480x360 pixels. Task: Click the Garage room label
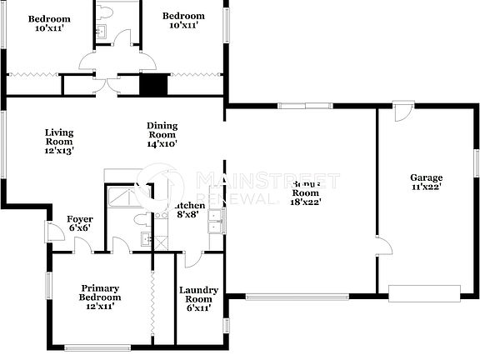point(426,177)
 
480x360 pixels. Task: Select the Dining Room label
point(162,130)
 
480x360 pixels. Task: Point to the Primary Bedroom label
point(100,292)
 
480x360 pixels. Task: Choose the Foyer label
point(79,219)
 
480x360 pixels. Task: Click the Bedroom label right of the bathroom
point(183,16)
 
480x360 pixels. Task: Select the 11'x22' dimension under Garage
point(426,187)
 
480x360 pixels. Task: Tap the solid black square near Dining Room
point(152,85)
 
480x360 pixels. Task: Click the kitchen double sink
point(216,222)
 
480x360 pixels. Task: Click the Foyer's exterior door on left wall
point(48,232)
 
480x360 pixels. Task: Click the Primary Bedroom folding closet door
point(152,297)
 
